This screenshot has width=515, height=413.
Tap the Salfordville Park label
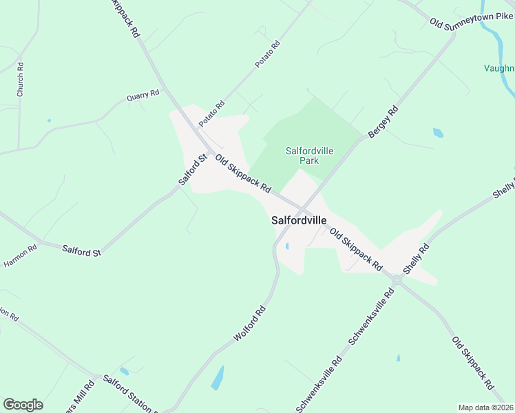tap(302, 155)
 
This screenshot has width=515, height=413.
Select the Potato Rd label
tap(268, 54)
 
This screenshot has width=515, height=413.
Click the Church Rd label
tap(21, 80)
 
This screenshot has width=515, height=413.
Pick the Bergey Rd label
tap(383, 122)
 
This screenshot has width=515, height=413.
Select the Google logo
tap(23, 405)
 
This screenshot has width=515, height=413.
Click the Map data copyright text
tap(485, 407)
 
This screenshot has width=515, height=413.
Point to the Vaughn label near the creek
tap(498, 68)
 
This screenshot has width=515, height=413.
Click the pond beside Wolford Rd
tap(218, 378)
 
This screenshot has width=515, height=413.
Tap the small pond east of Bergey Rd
tap(438, 132)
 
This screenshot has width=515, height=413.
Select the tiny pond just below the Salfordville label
tap(286, 246)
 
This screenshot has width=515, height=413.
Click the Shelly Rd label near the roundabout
tap(417, 259)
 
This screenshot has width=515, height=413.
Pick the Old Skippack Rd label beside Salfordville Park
tap(243, 174)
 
